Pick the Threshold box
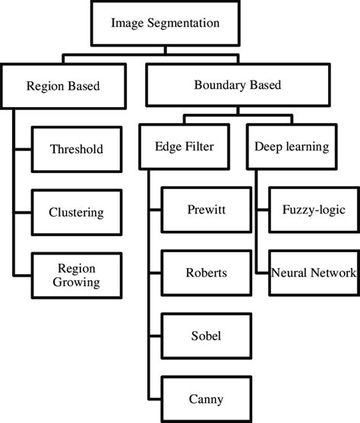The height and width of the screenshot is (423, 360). [x=75, y=150]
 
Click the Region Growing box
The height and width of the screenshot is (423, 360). [x=75, y=274]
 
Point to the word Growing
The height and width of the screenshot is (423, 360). [x=75, y=283]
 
